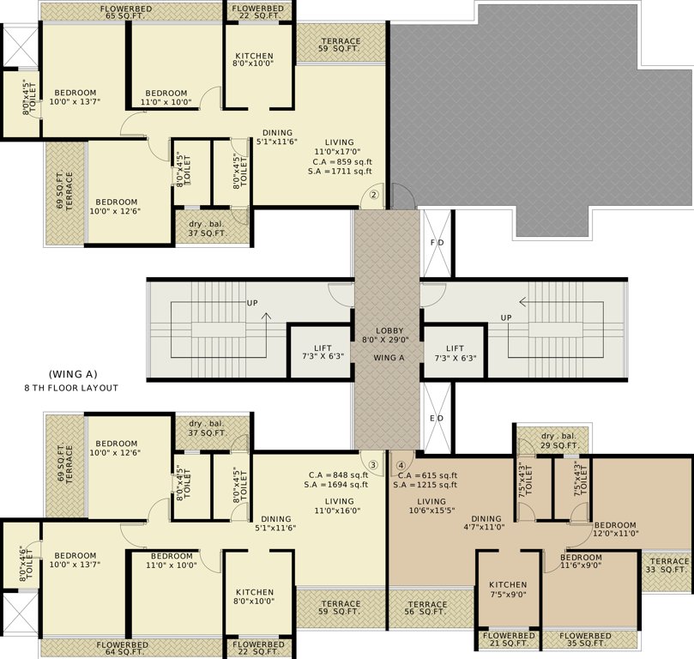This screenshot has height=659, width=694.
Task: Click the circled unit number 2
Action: pos(374,195)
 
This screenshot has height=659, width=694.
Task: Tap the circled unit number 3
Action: pos(373,466)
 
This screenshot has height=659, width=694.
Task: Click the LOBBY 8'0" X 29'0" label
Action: pos(388,336)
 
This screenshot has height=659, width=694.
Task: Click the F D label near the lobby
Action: pos(437,243)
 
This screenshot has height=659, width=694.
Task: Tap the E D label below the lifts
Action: pos(437,420)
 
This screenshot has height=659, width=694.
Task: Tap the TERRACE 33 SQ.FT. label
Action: pos(667,565)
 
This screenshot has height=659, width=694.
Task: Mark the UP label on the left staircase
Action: pos(252,304)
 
